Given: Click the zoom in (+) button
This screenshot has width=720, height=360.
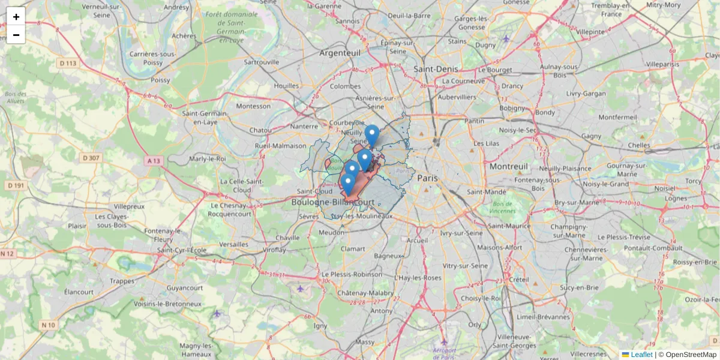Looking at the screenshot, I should click(16, 16).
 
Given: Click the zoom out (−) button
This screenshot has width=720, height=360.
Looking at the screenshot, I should click(16, 35).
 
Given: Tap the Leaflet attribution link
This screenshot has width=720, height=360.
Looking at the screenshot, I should click(641, 355).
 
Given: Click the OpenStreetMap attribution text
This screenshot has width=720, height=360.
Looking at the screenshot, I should click(691, 355).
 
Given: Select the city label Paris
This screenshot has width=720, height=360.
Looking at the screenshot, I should click(428, 178).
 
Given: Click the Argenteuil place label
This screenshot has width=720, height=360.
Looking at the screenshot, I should click(344, 53).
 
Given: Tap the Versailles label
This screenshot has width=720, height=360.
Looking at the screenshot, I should click(233, 244).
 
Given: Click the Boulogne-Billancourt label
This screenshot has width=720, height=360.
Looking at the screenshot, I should click(333, 203).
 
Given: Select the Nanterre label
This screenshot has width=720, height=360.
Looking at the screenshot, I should click(304, 127).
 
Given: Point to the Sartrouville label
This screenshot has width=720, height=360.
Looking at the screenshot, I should click(262, 62).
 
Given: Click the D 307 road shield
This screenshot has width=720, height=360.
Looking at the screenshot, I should click(90, 158).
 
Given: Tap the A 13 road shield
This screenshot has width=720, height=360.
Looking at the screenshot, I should click(153, 161).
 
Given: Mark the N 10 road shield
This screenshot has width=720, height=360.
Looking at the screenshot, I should click(49, 325).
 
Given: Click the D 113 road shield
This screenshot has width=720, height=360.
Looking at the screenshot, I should click(68, 63).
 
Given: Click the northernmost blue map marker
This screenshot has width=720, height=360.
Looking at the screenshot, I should click(372, 134).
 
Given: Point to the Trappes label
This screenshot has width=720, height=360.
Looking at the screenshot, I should click(122, 281).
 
